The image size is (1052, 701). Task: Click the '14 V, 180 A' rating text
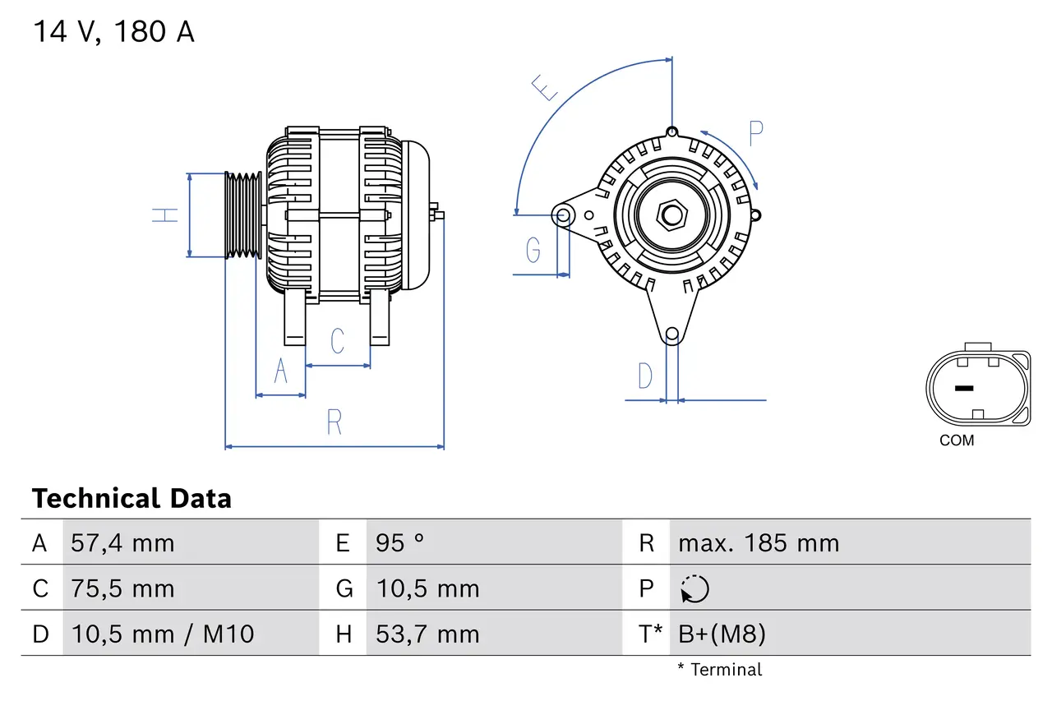click(x=113, y=32)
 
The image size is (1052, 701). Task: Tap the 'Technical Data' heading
click(x=131, y=499)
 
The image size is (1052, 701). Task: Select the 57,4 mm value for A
click(x=122, y=543)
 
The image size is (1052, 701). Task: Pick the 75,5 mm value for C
click(x=122, y=589)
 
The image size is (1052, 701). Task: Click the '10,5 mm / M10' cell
click(x=163, y=634)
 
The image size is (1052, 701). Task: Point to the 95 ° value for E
click(x=400, y=543)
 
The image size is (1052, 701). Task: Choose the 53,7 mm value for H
click(x=427, y=634)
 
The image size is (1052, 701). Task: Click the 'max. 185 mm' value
click(x=758, y=543)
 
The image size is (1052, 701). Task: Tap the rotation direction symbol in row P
click(x=694, y=589)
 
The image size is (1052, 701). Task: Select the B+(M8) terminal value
click(x=722, y=634)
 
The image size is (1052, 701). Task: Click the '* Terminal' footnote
click(x=719, y=670)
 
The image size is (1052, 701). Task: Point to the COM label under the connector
click(x=957, y=440)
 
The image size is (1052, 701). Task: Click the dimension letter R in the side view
click(x=334, y=422)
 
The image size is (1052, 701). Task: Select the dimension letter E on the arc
click(x=546, y=87)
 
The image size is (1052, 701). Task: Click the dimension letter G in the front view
click(x=533, y=249)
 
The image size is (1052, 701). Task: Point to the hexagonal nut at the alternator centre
click(x=672, y=215)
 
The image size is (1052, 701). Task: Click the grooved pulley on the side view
click(x=243, y=215)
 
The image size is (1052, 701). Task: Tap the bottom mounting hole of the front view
click(x=672, y=334)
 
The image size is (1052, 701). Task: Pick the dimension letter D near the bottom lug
click(x=645, y=376)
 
